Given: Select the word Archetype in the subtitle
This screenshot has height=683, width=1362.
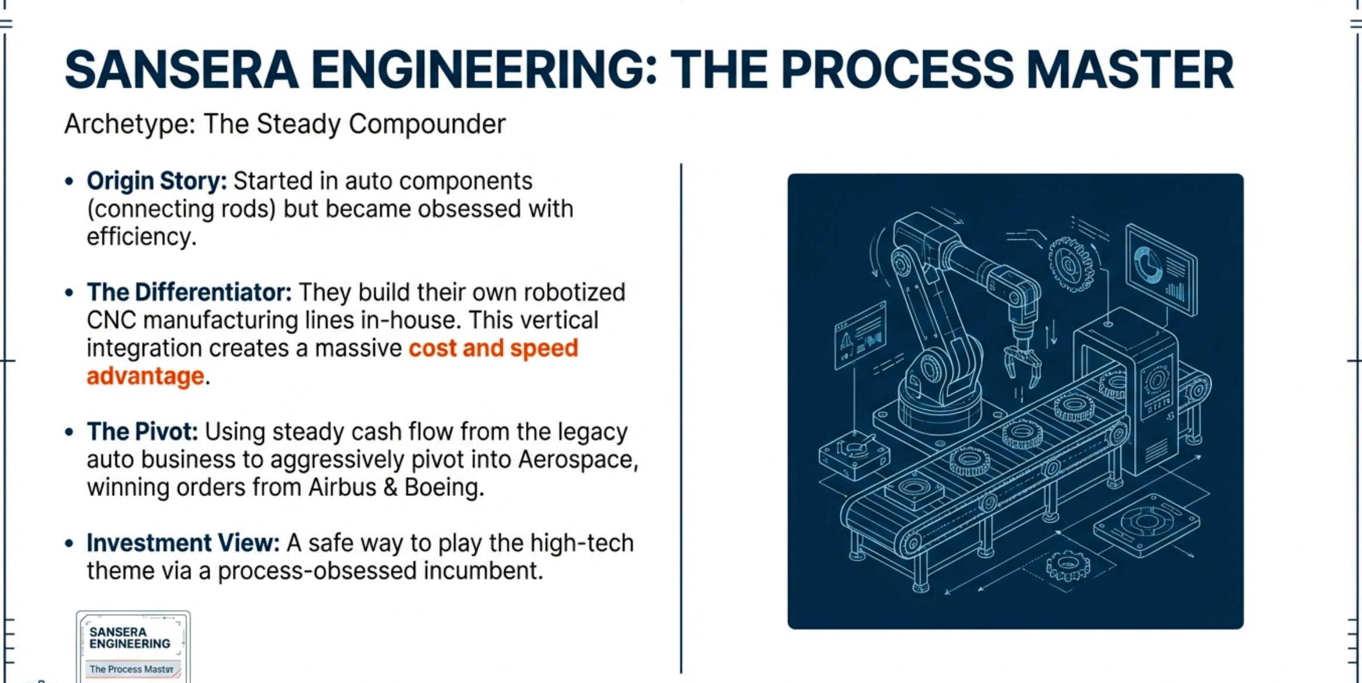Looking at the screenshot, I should (129, 124).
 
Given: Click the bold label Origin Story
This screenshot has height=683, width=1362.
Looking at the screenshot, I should (156, 181).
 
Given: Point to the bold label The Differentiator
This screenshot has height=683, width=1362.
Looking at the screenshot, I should (189, 292).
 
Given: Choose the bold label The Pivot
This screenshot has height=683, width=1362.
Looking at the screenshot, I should (142, 432).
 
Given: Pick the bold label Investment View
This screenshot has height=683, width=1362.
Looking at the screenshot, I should (183, 543).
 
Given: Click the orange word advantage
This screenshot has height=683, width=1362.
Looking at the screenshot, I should (145, 376).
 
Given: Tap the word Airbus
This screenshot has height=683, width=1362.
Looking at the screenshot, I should (342, 487).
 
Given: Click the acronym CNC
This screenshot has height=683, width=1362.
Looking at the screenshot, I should (111, 320).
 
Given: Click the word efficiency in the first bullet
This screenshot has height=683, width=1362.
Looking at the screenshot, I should (140, 237).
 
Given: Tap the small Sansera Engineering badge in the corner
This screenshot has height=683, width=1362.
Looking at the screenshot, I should (133, 647).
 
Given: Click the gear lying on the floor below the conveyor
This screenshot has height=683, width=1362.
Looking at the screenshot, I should (1068, 565).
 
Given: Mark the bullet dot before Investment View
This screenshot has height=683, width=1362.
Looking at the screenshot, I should (70, 543).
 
